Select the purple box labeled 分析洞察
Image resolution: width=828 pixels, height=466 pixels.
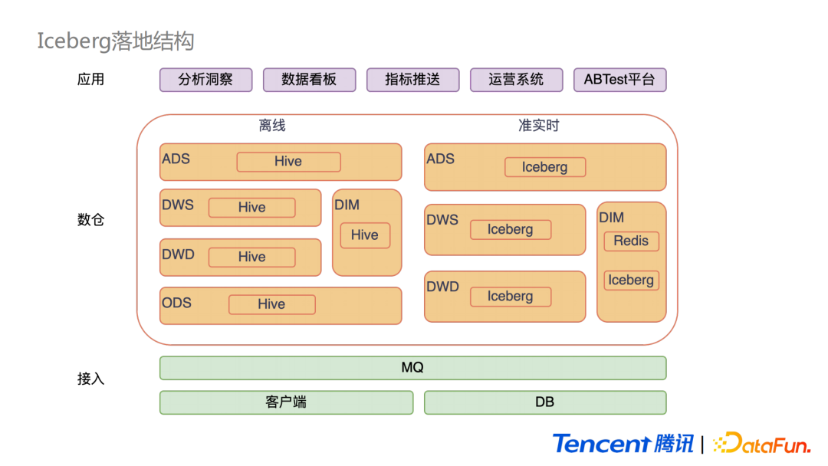(x=205, y=80)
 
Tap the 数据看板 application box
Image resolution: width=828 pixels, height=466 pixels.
(x=309, y=80)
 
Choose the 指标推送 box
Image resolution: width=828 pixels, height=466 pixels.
(x=412, y=80)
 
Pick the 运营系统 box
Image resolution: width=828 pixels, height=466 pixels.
(x=516, y=80)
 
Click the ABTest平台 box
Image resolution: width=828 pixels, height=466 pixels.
(x=619, y=80)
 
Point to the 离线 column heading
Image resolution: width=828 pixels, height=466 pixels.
(x=272, y=126)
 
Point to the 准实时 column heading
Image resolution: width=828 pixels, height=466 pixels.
(x=539, y=126)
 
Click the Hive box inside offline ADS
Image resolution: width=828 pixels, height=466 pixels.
(x=288, y=162)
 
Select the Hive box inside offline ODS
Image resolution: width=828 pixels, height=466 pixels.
(x=271, y=304)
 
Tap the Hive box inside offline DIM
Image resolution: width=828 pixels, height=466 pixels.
(x=365, y=235)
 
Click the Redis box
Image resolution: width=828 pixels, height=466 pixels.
(x=631, y=241)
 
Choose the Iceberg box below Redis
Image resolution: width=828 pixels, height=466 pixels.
(x=631, y=281)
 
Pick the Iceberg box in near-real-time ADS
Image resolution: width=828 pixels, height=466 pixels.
(x=545, y=167)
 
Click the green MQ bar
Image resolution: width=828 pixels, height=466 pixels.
(x=412, y=368)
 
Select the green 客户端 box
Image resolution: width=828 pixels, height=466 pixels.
(x=286, y=402)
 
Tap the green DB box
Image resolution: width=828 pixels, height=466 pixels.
(x=545, y=402)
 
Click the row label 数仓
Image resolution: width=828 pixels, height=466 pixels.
(x=90, y=220)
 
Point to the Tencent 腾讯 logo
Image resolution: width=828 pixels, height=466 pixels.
(x=623, y=444)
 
